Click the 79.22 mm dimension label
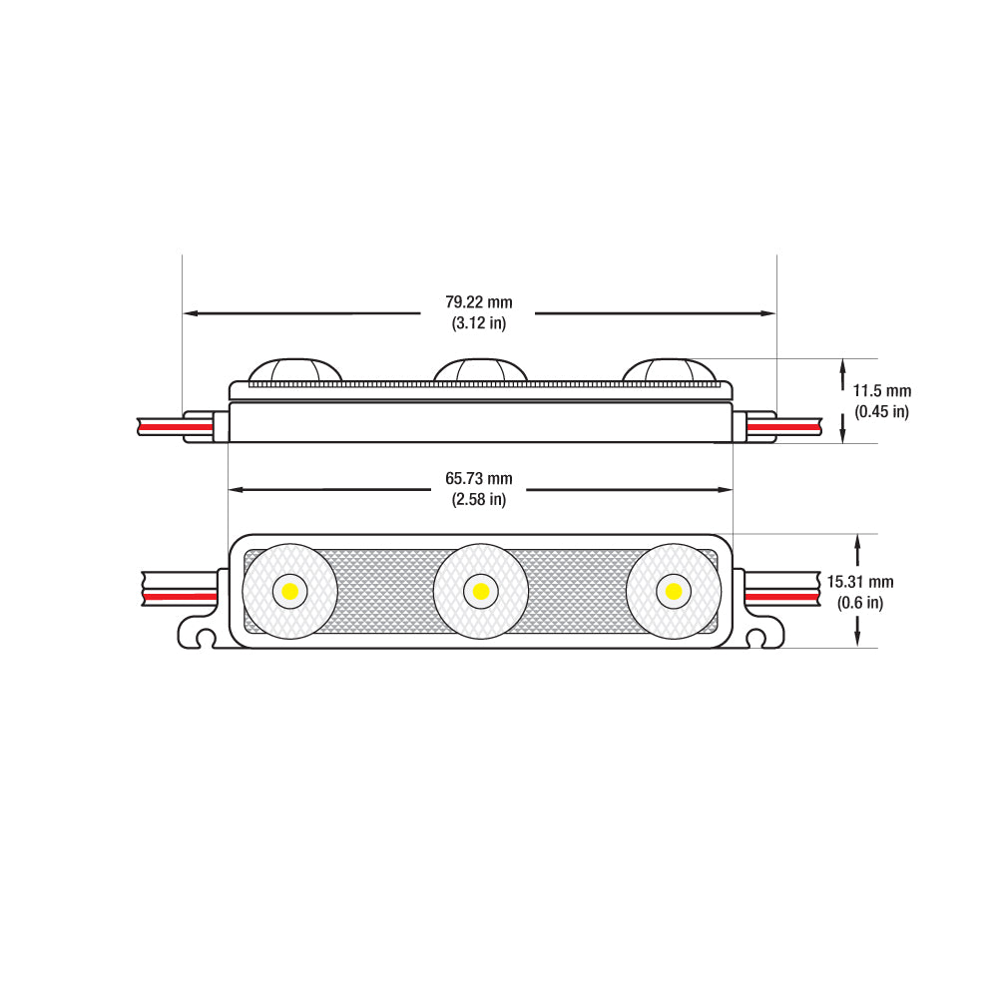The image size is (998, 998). [478, 302]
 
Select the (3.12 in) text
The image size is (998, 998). [478, 322]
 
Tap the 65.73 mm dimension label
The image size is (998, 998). [478, 479]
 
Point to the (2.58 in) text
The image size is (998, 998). [478, 499]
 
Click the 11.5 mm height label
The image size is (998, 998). [882, 391]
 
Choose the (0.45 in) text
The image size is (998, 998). [882, 411]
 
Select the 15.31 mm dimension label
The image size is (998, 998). [866, 582]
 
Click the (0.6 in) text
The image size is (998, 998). [860, 602]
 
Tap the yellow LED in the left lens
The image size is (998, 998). [289, 592]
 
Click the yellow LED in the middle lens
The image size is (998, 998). [481, 592]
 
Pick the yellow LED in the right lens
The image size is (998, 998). [673, 592]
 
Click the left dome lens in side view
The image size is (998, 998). [290, 370]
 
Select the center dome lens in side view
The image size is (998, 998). [480, 370]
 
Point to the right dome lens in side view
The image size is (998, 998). [670, 370]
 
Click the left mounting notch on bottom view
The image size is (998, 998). [204, 636]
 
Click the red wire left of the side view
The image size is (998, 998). [176, 427]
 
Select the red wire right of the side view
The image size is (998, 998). [784, 427]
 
